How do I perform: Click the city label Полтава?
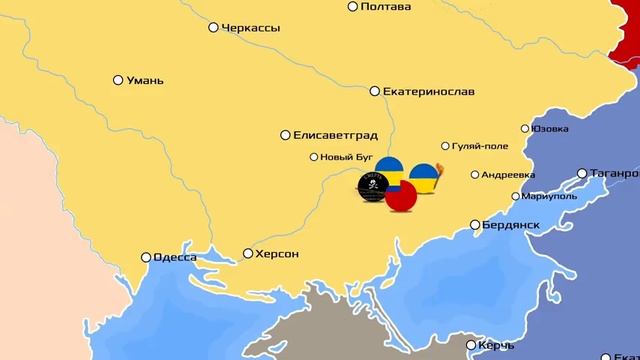coord(390,7)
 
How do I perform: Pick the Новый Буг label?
coord(350,157)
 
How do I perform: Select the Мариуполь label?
coord(551,196)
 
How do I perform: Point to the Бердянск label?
coord(519,224)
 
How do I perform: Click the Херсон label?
coord(277,254)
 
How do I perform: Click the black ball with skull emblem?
coord(372,186)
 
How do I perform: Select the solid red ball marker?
coord(402,198)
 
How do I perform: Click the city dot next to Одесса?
coord(146,258)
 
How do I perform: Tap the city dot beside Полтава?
coord(353,6)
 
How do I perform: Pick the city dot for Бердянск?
coord(476,225)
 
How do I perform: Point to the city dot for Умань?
coord(118,79)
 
